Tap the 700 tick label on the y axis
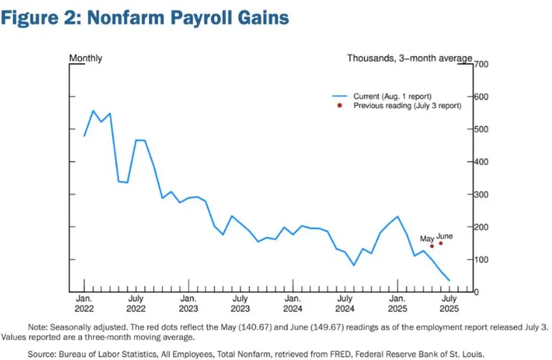pos(482,65)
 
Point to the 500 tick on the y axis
pos(482,130)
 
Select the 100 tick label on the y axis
pos(482,259)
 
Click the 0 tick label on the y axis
pos(477,292)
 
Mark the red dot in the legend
pos(339,106)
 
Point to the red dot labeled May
pos(432,246)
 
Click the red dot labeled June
pos(441,243)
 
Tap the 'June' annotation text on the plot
pos(445,236)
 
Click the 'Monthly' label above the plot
pos(86,58)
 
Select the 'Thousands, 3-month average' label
pos(410,58)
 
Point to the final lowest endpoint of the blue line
pos(449,281)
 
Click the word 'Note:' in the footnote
pos(38,326)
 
